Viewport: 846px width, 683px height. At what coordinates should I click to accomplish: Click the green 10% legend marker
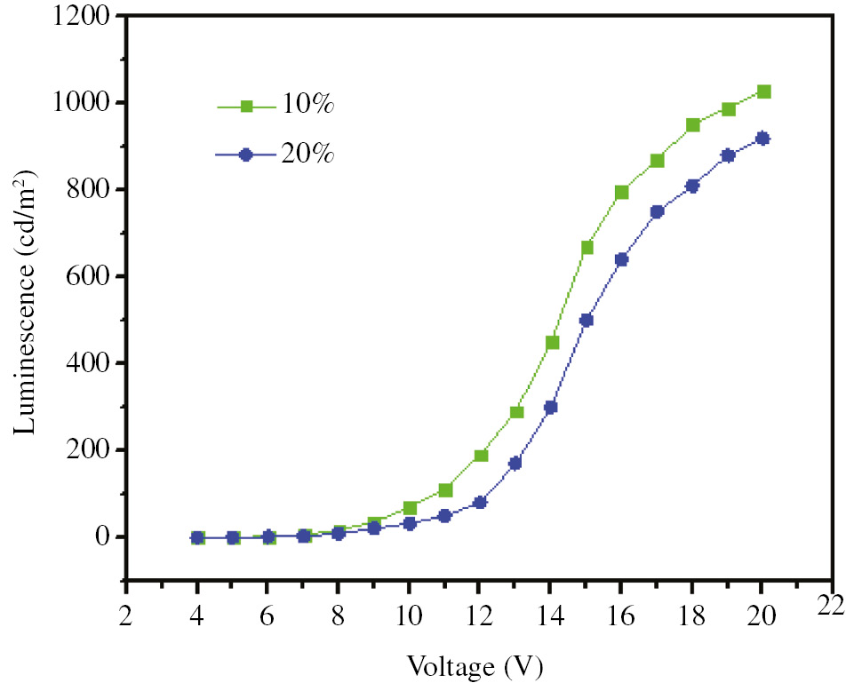pos(248,107)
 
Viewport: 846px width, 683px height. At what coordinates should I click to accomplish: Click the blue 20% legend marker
pos(247,154)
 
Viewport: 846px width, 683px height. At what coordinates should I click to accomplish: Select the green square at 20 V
pos(763,91)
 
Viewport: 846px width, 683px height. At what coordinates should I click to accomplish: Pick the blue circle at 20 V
pos(762,139)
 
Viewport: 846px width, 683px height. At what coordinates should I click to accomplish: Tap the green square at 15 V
pos(587,247)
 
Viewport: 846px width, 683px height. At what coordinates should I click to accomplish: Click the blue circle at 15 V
pos(587,320)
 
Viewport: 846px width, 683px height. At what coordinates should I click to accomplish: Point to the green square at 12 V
pos(481,456)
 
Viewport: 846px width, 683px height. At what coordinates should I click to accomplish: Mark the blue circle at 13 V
pos(515,463)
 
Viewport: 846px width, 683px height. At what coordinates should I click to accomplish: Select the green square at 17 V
pos(657,161)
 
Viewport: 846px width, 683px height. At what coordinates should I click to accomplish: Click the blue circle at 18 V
pos(692,186)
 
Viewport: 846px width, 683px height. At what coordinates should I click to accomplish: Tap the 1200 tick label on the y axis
pos(83,17)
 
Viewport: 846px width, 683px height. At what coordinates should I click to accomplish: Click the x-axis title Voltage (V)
pos(475,664)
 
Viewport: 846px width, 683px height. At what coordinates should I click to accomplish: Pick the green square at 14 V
pos(552,342)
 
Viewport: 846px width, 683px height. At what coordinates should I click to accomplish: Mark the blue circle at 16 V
pos(621,259)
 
